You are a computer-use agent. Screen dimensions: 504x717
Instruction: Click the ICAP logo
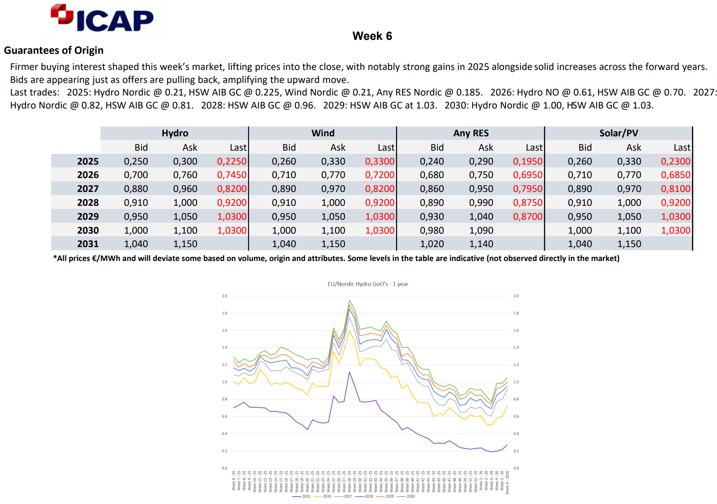click(x=102, y=19)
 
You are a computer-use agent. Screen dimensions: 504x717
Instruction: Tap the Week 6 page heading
click(x=372, y=36)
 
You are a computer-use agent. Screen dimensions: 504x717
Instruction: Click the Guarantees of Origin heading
click(x=54, y=50)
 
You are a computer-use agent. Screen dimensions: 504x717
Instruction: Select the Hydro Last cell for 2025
click(x=232, y=161)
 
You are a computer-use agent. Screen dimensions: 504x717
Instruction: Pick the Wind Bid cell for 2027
click(x=284, y=189)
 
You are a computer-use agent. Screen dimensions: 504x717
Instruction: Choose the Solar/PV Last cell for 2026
click(x=675, y=175)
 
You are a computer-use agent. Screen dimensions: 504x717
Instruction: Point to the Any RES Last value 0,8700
click(x=528, y=217)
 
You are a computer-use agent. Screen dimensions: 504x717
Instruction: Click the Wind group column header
click(x=323, y=133)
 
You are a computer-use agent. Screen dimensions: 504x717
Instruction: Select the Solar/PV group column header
click(x=618, y=133)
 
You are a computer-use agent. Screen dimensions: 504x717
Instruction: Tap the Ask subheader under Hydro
click(x=190, y=148)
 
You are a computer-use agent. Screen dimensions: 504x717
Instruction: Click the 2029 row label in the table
click(x=88, y=217)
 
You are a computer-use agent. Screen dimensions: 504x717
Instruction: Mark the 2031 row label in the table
click(x=88, y=244)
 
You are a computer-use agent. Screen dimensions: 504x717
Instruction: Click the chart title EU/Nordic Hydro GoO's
click(x=367, y=284)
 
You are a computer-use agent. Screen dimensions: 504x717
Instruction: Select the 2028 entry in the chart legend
click(x=369, y=496)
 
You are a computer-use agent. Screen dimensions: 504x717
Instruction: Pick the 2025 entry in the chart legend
click(x=306, y=496)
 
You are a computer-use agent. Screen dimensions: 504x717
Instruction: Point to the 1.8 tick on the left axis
click(x=224, y=313)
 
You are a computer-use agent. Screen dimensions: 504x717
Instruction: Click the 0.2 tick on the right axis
click(x=516, y=451)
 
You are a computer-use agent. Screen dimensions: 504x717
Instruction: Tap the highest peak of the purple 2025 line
click(x=350, y=372)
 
